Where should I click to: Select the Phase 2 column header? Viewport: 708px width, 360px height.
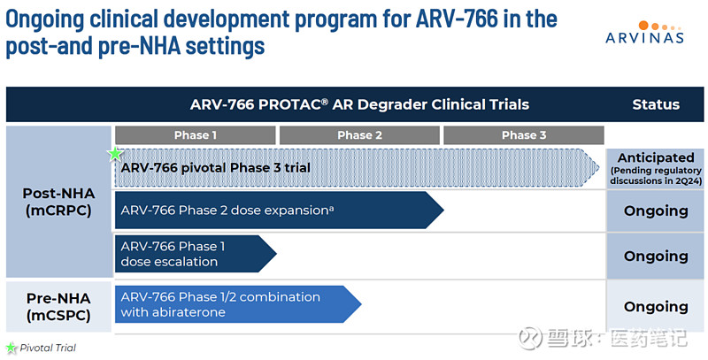click(358, 135)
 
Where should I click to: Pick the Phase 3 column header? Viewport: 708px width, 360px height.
click(522, 135)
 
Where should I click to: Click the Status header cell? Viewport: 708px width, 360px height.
click(656, 104)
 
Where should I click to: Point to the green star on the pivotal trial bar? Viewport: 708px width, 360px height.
click(114, 154)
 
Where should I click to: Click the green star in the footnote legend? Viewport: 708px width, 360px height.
click(12, 348)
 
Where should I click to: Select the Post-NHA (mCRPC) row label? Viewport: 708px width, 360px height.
click(57, 202)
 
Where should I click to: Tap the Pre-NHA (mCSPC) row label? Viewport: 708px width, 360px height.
click(57, 306)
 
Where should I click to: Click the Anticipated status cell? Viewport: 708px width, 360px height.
click(656, 166)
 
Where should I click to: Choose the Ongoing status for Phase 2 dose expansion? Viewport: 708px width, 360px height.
click(656, 211)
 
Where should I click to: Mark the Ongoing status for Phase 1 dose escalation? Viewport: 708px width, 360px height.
click(656, 256)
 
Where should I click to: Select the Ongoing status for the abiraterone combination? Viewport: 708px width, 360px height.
click(656, 306)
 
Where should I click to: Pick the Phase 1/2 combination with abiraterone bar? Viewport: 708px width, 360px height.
click(235, 304)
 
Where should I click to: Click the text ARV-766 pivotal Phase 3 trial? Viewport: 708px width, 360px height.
click(215, 167)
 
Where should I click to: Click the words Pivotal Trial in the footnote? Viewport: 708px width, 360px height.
click(48, 349)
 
